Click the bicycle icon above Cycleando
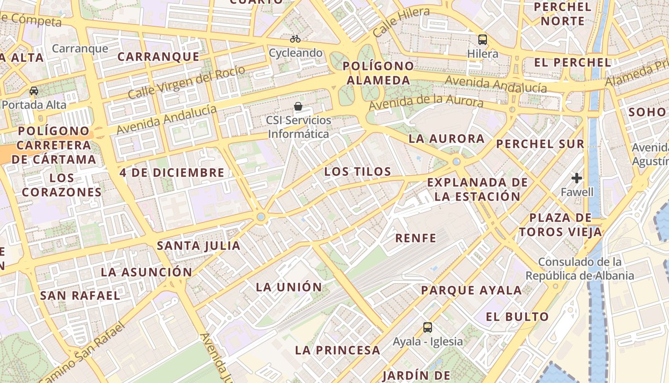[295, 39]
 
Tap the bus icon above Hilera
[483, 39]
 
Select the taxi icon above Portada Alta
[34, 91]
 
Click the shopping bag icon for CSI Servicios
[298, 106]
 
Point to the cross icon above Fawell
[577, 178]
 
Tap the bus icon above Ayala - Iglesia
[428, 327]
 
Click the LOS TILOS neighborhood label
[357, 171]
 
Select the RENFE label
[416, 238]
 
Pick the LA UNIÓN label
[289, 287]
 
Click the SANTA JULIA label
[199, 246]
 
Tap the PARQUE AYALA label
[471, 290]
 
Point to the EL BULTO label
[517, 316]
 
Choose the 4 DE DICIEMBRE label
[172, 173]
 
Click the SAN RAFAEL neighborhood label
[80, 295]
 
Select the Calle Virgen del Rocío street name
[186, 82]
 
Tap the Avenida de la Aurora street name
[426, 101]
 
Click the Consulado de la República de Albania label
[580, 269]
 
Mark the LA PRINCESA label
[337, 350]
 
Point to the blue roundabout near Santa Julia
[260, 217]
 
